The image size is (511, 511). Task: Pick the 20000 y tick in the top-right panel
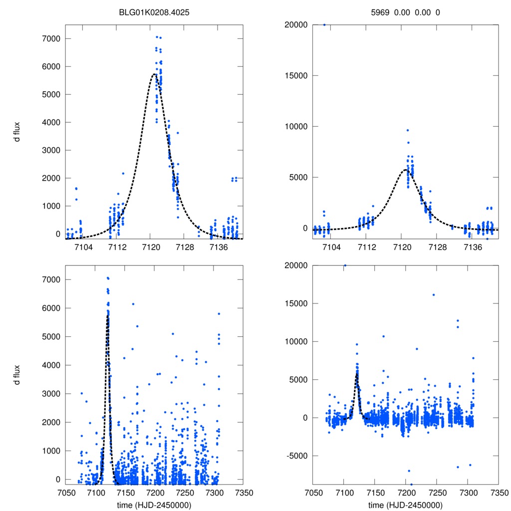294,24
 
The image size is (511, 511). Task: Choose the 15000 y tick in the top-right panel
294,75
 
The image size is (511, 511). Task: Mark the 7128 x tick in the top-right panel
438,247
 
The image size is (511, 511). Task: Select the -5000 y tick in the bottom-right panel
295,456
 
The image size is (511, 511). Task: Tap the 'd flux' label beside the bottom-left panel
17,374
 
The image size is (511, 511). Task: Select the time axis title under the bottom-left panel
154,505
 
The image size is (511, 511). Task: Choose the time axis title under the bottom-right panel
405,505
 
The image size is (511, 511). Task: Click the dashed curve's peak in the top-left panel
154,74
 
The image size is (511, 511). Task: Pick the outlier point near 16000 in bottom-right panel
433,294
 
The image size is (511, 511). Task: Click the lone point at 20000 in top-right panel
324,24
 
